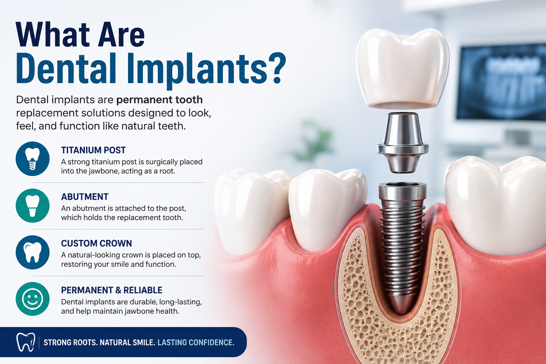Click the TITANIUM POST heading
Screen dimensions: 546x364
[93, 150]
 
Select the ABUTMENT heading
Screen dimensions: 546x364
[85, 197]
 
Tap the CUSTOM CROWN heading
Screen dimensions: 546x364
[96, 243]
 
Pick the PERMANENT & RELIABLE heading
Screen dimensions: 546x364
[112, 290]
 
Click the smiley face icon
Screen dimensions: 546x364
[32, 299]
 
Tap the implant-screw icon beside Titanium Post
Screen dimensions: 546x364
[32, 159]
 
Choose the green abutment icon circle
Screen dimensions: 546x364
[32, 205]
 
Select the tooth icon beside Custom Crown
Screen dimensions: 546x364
[32, 252]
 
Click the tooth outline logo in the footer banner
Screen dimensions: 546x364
[26, 342]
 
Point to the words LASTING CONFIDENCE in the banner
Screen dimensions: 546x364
[196, 343]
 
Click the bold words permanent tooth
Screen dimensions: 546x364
[159, 100]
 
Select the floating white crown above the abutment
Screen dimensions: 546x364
[402, 69]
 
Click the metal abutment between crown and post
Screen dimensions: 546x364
[402, 143]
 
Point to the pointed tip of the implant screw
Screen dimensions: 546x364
[400, 314]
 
